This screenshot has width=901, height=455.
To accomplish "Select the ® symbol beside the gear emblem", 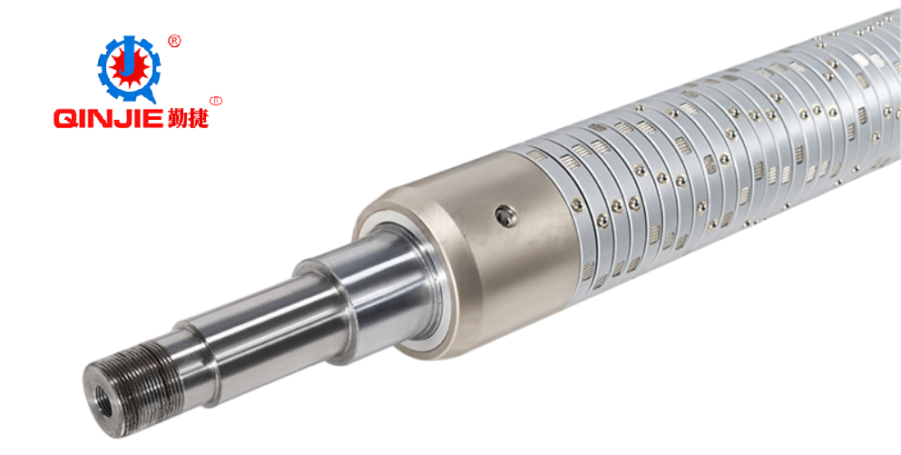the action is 174,41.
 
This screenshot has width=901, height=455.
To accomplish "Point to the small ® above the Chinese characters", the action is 217,101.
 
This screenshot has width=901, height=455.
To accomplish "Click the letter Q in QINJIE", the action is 66,118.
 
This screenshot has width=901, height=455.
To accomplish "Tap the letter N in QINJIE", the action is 104,118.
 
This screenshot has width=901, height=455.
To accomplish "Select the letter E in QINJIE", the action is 152,118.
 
